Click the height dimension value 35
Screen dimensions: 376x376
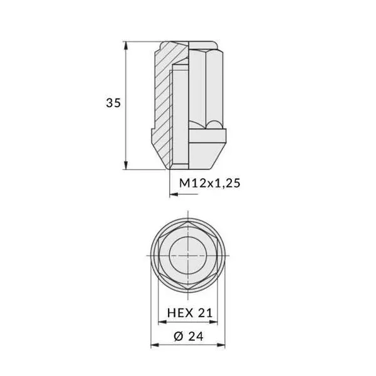113,103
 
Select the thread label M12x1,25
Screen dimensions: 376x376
210,183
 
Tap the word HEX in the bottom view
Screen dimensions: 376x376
179,312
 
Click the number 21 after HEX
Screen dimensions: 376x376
207,312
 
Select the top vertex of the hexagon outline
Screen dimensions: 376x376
188,222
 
